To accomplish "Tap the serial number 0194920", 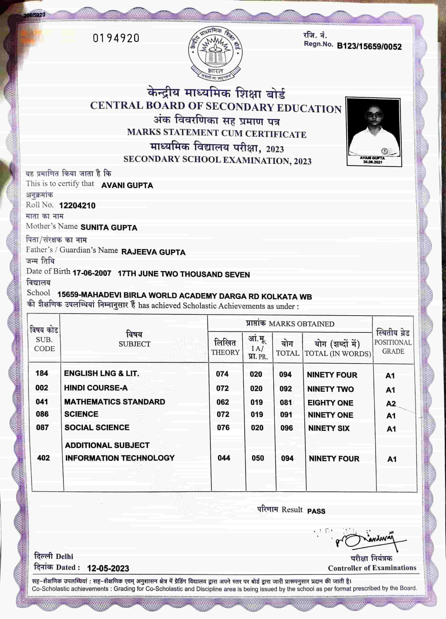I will click(x=116, y=38).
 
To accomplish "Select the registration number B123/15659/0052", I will click(x=369, y=46).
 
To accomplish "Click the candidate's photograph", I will click(x=373, y=128).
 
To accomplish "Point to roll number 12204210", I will click(x=77, y=206).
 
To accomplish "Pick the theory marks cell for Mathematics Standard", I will click(x=223, y=402).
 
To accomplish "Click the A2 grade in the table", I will click(x=391, y=403).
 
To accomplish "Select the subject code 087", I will click(x=42, y=427).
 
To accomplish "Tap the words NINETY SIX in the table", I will click(x=329, y=428).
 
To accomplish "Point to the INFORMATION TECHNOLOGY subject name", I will click(x=120, y=458).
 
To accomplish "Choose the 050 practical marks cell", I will click(x=258, y=458).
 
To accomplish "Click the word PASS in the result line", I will click(x=316, y=511).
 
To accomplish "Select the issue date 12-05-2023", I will click(x=108, y=568).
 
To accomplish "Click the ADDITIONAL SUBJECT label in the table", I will click(x=107, y=445).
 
